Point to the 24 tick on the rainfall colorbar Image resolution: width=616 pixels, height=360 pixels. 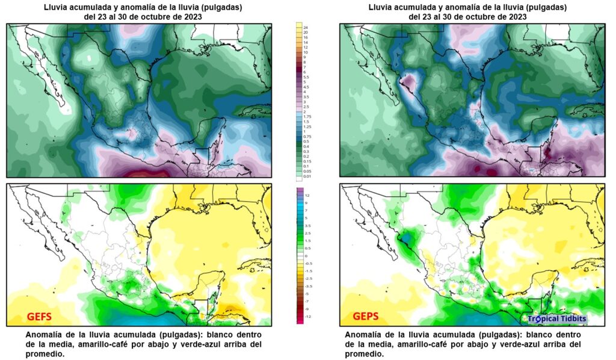click(306, 28)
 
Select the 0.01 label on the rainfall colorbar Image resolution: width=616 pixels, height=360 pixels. click(306, 176)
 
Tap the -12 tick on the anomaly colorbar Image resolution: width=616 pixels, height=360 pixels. click(307, 316)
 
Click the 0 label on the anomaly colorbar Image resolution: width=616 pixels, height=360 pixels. click(306, 255)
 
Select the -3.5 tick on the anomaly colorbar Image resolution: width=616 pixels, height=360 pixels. click(307, 286)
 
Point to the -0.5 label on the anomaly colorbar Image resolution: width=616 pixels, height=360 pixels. click(307, 263)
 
